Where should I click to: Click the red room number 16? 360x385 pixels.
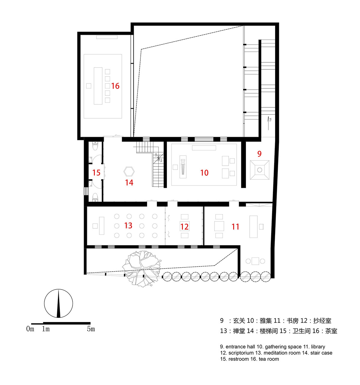coord(115,86)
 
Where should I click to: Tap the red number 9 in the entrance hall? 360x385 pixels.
coord(259,154)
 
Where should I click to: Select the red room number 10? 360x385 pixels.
coord(204,173)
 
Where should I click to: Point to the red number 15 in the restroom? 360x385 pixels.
coord(96,173)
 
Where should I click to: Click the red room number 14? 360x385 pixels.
coord(129,183)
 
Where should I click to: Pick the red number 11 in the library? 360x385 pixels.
coord(235,227)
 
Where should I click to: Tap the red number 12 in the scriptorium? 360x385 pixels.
coord(184,227)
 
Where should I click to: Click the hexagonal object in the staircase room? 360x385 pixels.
coord(129,172)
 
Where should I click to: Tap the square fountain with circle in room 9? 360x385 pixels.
coord(259,170)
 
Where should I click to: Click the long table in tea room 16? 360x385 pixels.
coord(98,86)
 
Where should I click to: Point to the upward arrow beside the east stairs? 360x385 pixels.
coord(268,123)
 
